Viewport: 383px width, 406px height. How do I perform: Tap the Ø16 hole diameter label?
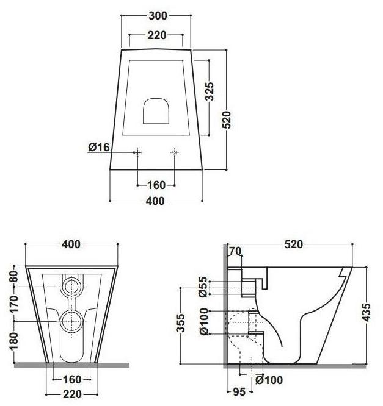(98, 147)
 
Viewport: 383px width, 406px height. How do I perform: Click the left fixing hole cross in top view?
(139, 151)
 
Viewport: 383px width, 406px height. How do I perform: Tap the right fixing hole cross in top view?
(175, 151)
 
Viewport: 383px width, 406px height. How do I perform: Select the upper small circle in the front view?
(71, 285)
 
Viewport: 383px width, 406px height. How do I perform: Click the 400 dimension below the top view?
(156, 201)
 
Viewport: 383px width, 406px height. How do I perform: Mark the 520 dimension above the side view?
(293, 244)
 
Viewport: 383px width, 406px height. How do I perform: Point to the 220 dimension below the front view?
(71, 394)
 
